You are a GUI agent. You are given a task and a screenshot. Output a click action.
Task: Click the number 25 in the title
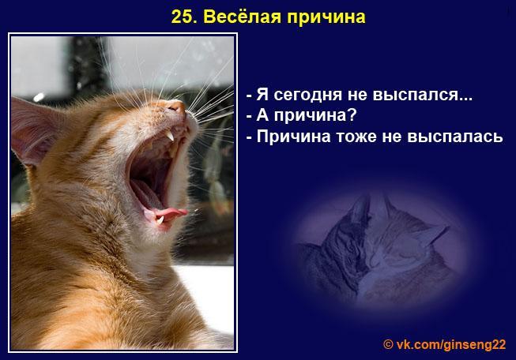point(181,17)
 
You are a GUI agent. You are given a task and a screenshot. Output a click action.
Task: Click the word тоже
point(359,137)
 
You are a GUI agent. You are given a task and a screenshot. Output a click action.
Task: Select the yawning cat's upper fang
point(170,137)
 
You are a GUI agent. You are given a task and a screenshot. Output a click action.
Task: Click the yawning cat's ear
point(36,126)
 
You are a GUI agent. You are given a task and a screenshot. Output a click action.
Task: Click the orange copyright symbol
point(388,344)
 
